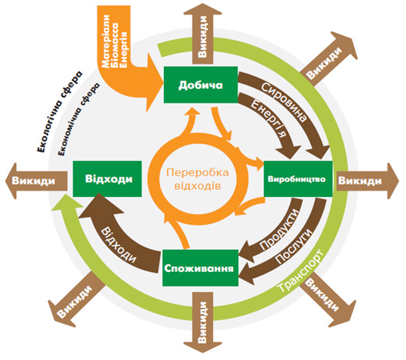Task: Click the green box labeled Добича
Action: click(201, 85)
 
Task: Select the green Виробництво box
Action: click(298, 178)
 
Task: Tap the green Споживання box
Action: click(200, 268)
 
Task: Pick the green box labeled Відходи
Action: click(107, 178)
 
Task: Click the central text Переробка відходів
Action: click(198, 179)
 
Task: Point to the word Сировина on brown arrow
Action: click(283, 102)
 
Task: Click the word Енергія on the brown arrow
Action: click(270, 119)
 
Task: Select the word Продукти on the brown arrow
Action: click(279, 229)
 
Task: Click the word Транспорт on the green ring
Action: click(300, 271)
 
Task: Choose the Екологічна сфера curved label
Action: click(60, 111)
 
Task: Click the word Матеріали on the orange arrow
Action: click(106, 41)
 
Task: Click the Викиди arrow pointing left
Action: click(36, 181)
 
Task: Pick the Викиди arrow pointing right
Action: click(368, 181)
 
